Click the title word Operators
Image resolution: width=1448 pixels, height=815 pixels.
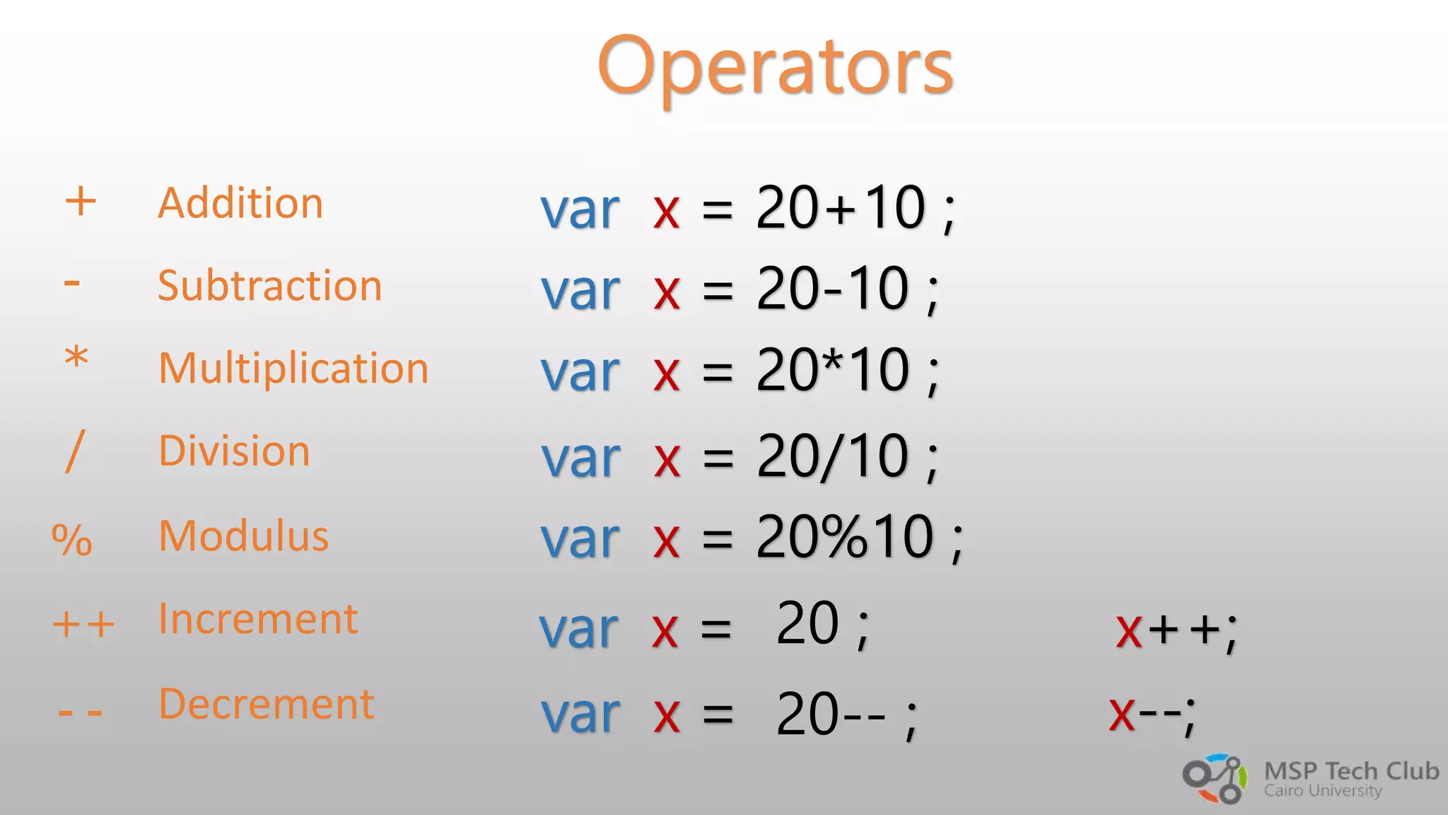coord(776,67)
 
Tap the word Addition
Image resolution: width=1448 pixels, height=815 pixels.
coord(240,204)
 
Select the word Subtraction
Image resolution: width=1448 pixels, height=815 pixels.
coord(269,286)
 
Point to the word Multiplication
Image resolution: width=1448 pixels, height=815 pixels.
coord(293,369)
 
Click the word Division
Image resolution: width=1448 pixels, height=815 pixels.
coord(234,451)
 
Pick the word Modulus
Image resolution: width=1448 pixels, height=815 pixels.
coord(244,536)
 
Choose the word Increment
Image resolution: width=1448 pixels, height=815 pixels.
coord(258,619)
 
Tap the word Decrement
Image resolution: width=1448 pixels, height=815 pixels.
coord(267,704)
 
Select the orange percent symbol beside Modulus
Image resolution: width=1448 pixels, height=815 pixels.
coord(72,540)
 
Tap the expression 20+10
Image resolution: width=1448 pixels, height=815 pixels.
coord(841,208)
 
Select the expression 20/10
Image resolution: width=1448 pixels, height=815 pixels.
coord(833,457)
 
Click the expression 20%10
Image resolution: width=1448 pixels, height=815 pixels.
coord(845,537)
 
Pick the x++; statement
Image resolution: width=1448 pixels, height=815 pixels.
coord(1176,630)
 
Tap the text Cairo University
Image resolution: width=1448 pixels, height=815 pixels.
coord(1323,791)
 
